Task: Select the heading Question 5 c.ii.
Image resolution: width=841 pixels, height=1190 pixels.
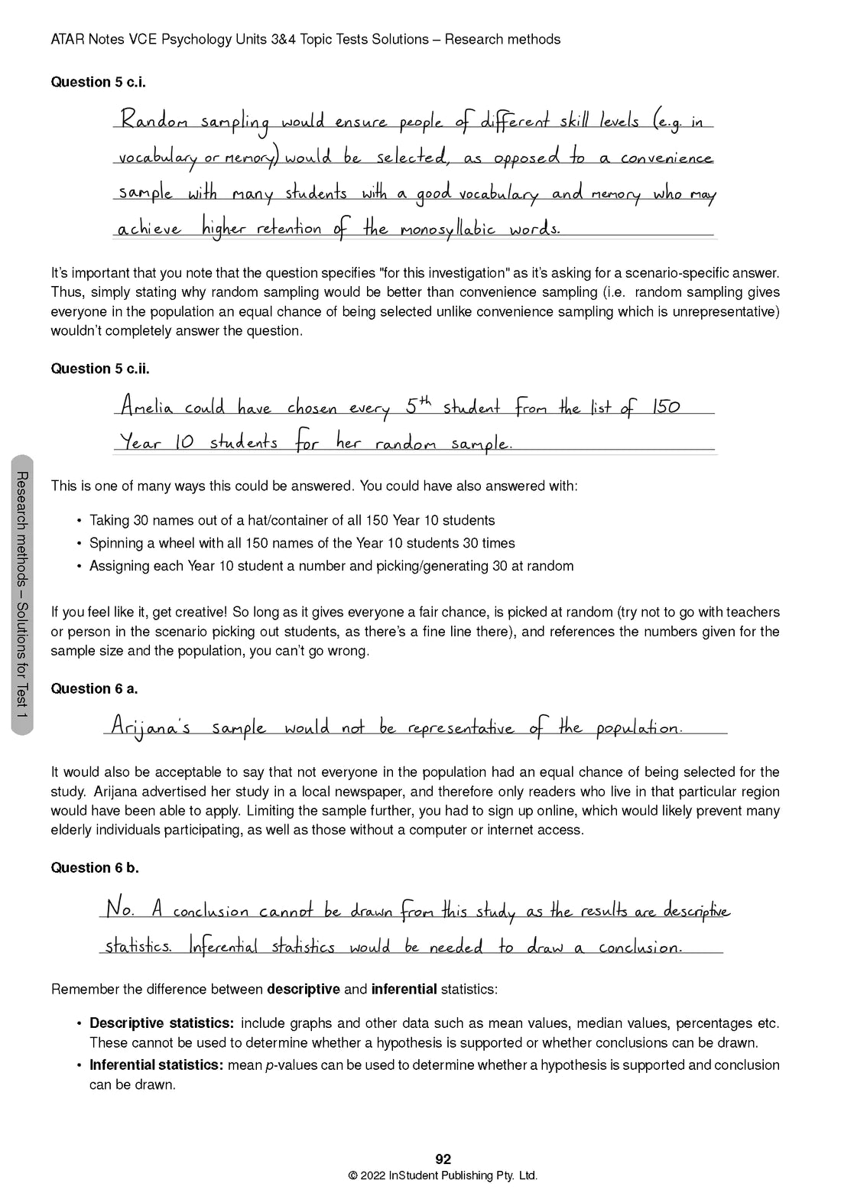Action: point(100,369)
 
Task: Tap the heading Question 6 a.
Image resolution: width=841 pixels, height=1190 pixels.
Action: point(94,688)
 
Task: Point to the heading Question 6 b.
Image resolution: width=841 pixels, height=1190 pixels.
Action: point(95,867)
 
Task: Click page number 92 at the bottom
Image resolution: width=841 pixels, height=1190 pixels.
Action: point(443,1159)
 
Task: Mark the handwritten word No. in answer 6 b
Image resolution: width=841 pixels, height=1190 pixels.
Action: point(120,910)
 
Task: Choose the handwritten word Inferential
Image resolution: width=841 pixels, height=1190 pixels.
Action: point(224,947)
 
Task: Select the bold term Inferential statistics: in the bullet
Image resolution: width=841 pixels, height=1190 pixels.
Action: point(157,1065)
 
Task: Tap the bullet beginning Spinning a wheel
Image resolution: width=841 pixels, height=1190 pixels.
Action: point(302,543)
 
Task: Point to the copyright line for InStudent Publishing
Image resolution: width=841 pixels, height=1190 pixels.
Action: point(443,1176)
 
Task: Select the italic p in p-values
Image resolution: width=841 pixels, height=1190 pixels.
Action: point(268,1065)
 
